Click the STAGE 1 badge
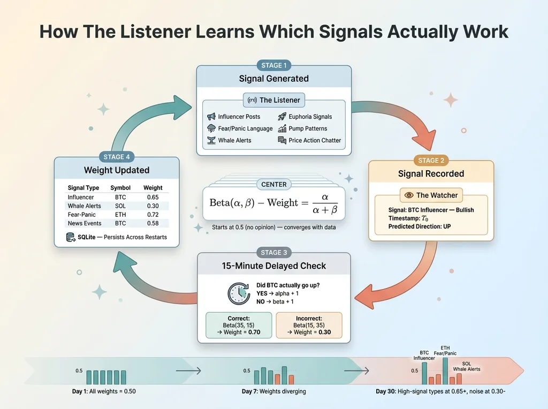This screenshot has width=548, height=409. coord(274,65)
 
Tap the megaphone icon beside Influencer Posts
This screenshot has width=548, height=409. coord(211,117)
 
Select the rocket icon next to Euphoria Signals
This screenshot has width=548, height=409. coord(282,117)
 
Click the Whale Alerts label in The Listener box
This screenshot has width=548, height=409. coord(234,140)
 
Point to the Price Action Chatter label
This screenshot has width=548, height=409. coord(315,140)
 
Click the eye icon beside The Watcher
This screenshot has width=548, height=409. coord(408,195)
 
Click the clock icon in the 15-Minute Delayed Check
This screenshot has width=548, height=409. coord(238,294)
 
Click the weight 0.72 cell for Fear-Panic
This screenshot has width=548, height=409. coord(153,214)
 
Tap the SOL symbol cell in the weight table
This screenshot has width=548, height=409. coord(120,206)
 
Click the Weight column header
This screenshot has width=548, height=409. coord(153,188)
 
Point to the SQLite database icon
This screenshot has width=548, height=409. coord(71,237)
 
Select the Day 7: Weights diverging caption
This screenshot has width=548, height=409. coord(274,391)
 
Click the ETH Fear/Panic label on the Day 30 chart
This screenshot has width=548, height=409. coord(445,350)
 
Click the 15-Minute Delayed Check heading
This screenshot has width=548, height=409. coord(274,266)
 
